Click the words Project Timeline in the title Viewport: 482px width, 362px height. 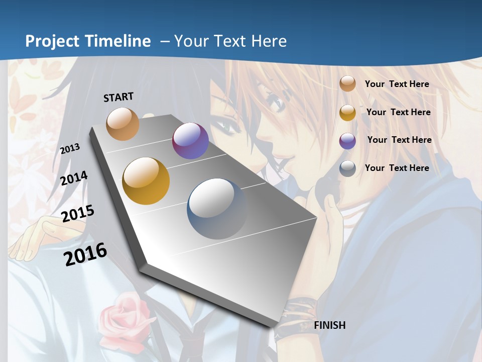pyautogui.click(x=88, y=41)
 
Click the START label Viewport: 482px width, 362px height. pyautogui.click(x=118, y=97)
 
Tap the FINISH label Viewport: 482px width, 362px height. pyautogui.click(x=330, y=325)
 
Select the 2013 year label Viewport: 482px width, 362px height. pyautogui.click(x=70, y=149)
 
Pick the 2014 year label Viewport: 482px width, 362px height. pyautogui.click(x=74, y=178)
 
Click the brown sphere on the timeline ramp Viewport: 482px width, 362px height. pyautogui.click(x=123, y=124)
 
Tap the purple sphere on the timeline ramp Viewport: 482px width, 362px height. pyautogui.click(x=190, y=141)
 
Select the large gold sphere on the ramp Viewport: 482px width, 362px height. pyautogui.click(x=146, y=181)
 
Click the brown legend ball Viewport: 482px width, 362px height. pyautogui.click(x=347, y=84)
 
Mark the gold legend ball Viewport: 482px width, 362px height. pyautogui.click(x=347, y=113)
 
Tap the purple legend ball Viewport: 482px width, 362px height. pyautogui.click(x=347, y=141)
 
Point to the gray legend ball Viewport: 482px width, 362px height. pyautogui.click(x=347, y=169)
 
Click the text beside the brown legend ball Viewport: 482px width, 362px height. pyautogui.click(x=397, y=84)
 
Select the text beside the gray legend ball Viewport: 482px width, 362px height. pyautogui.click(x=397, y=168)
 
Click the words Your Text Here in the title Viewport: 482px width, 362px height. pyautogui.click(x=230, y=41)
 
